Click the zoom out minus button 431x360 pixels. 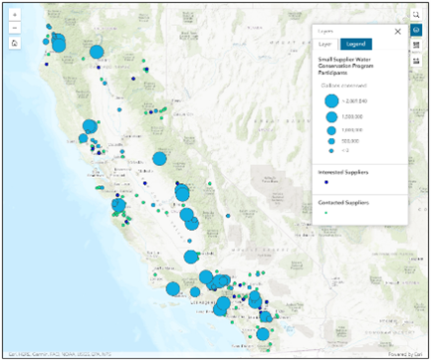pos(14,30)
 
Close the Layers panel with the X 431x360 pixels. pos(396,31)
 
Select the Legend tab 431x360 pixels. pos(355,44)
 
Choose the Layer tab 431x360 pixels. pos(324,44)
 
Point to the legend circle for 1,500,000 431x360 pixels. pos(330,116)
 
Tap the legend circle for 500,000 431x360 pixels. pos(330,140)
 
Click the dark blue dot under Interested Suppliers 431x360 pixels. pos(328,183)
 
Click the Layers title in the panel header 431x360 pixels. pos(324,31)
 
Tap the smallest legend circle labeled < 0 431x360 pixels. pos(330,150)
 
